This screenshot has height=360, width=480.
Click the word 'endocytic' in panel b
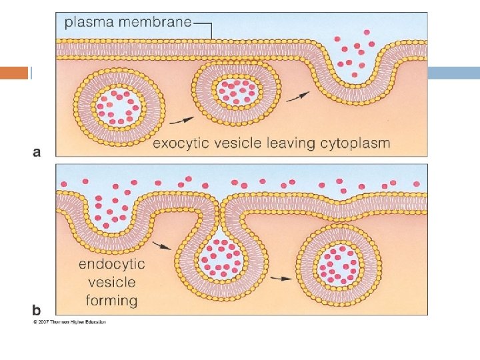pos(111,264)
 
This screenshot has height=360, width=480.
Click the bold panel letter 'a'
pos(37,152)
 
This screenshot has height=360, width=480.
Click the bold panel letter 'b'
pos(37,310)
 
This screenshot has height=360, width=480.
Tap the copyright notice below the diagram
pos(69,322)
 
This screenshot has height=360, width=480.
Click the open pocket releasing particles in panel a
pos(353,63)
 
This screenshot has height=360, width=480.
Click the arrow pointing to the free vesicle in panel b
pos(281,278)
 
